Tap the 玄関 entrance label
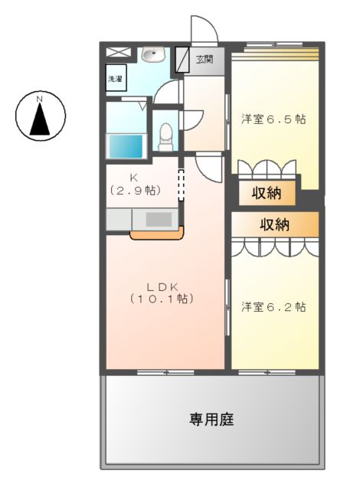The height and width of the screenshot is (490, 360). tap(204, 60)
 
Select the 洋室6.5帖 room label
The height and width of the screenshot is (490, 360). tap(273, 119)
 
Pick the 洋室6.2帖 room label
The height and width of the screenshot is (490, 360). tap(273, 307)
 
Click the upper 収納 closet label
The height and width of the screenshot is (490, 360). tap(266, 193)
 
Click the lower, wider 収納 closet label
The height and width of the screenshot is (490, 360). tap(273, 224)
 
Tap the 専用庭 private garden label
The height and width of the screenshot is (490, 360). tap(211, 419)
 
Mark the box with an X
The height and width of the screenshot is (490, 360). tap(118, 53)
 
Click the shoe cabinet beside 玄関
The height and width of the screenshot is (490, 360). tap(182, 60)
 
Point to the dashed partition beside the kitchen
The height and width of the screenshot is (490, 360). tap(182, 185)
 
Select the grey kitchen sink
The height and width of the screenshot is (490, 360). tap(158, 218)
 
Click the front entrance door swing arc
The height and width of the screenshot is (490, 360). tap(204, 29)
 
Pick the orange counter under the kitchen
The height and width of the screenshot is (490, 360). tap(156, 234)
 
